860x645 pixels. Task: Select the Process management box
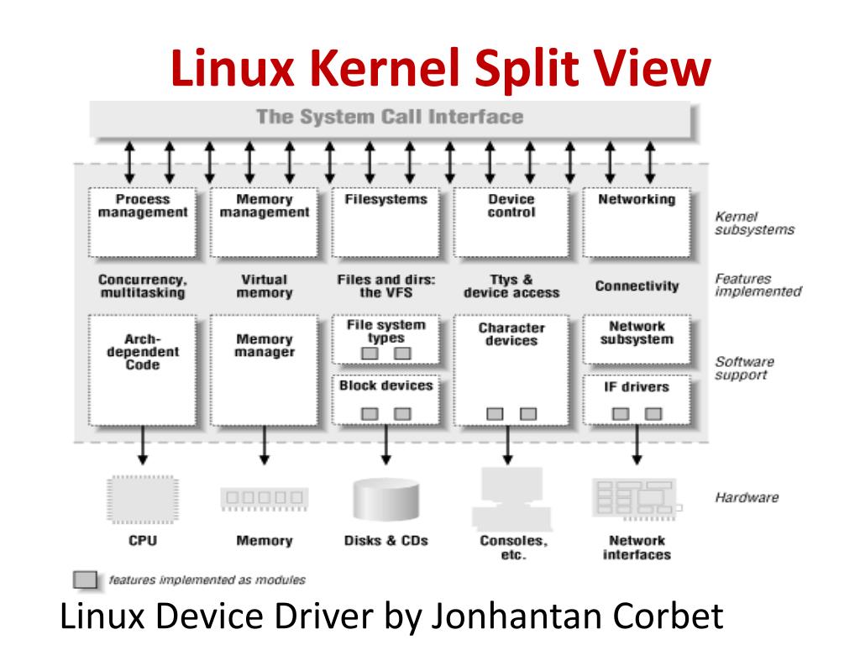142,223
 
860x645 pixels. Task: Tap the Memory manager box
265,370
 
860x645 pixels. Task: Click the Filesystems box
385,223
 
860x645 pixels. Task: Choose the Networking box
636,223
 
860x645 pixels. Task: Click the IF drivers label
636,387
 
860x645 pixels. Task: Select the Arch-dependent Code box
142,370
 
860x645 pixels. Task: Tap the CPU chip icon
142,499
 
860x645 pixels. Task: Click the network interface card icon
635,498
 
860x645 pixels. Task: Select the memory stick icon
264,499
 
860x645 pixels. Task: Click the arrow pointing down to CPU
143,445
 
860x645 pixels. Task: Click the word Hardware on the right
746,497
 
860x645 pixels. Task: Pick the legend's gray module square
85,580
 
